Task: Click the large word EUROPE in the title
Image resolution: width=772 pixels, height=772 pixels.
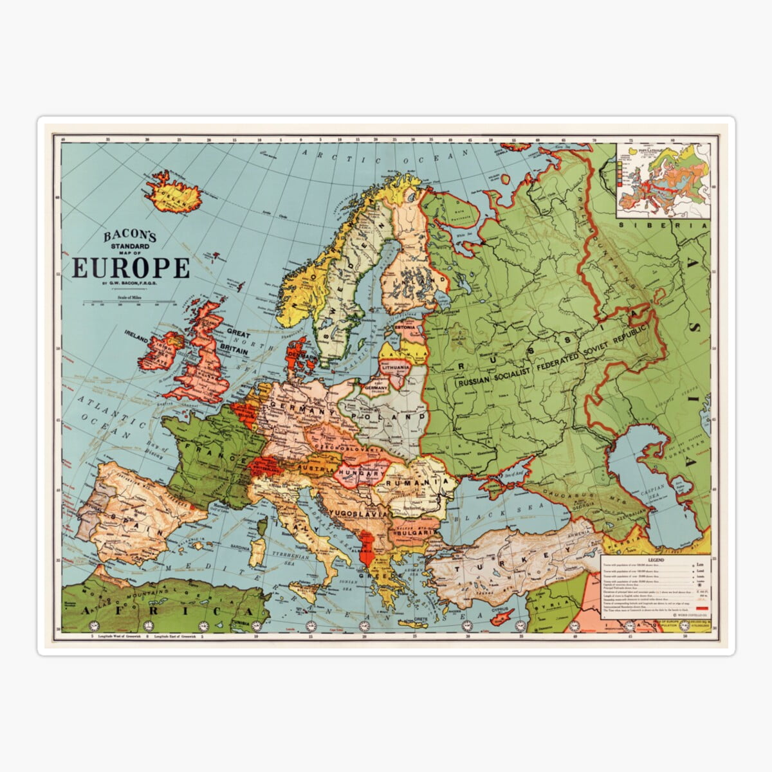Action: click(x=131, y=268)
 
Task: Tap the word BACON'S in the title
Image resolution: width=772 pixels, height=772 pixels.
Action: click(x=130, y=237)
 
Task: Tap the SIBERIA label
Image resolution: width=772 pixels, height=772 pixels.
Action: click(x=663, y=226)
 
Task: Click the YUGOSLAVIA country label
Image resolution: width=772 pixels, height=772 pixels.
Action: click(x=358, y=513)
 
